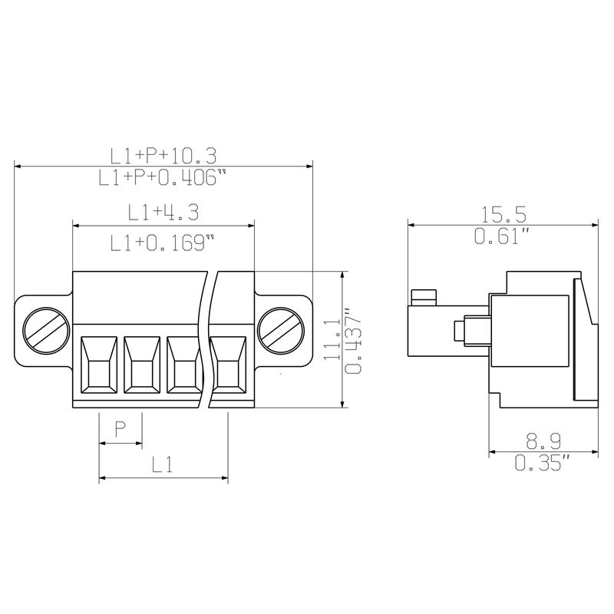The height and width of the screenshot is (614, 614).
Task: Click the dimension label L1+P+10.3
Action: click(163, 156)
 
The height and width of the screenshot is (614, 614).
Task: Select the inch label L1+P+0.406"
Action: click(162, 177)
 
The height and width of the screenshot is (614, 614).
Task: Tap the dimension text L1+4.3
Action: click(163, 212)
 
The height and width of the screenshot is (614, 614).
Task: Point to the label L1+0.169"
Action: click(163, 243)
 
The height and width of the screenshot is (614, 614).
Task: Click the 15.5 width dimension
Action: click(503, 214)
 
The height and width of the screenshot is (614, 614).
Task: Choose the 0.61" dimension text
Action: click(502, 236)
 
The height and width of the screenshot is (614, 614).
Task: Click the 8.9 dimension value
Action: click(543, 441)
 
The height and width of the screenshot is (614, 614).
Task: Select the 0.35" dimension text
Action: click(542, 463)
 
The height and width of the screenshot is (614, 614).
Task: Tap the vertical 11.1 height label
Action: click(332, 338)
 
